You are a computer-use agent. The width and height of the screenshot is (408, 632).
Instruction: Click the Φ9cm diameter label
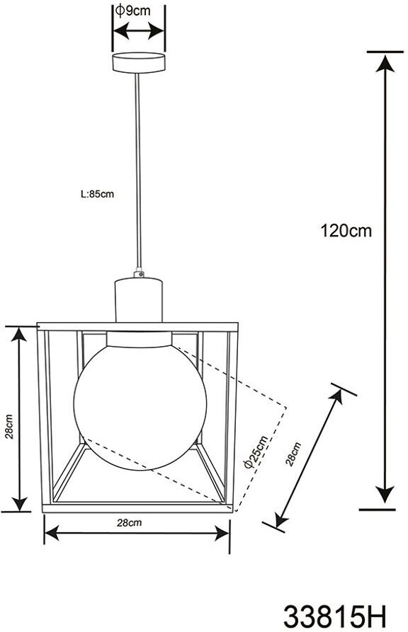point(132,11)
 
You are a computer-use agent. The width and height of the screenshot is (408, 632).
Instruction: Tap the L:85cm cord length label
point(97,195)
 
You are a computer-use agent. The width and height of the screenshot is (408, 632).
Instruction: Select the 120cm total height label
point(346,231)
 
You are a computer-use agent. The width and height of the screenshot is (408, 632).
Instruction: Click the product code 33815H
point(334,616)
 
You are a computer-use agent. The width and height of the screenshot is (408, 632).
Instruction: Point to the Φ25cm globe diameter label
point(256,452)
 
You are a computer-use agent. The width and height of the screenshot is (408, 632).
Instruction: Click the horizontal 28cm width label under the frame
point(129,523)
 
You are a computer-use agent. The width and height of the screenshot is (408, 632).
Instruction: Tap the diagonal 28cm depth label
point(293,454)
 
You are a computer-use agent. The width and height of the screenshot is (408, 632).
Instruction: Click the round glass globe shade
point(140,406)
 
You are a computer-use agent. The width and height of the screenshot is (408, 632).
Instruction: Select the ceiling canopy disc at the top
point(138,62)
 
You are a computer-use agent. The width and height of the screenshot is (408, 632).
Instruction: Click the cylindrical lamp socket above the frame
point(139,299)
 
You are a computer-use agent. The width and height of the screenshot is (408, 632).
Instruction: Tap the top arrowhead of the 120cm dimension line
point(385,63)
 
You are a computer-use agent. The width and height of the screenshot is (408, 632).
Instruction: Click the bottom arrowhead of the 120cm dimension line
point(385,494)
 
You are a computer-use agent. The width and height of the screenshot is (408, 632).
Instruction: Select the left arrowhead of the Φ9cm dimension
point(121,31)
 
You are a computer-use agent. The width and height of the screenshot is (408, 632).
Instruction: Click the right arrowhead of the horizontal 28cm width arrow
point(222,533)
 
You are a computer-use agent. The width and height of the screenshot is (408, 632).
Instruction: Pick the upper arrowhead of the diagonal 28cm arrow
point(336,396)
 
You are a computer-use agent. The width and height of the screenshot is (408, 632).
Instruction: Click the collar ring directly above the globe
point(140,340)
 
